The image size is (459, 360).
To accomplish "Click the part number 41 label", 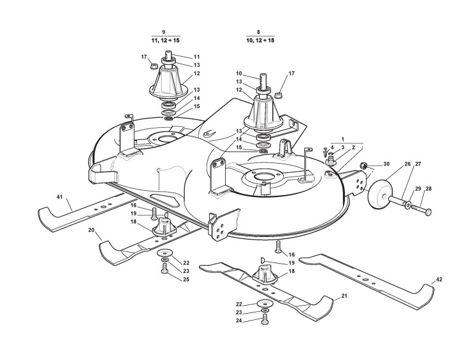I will [60, 197].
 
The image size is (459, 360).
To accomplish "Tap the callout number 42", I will [439, 280].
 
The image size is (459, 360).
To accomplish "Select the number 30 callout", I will [386, 164].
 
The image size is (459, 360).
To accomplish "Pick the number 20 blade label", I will [91, 230].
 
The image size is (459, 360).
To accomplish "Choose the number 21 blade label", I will [344, 296].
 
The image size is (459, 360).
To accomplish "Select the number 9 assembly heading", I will [163, 31].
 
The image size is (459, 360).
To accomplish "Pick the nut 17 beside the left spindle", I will [153, 63].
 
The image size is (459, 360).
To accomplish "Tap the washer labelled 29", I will [408, 203].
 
